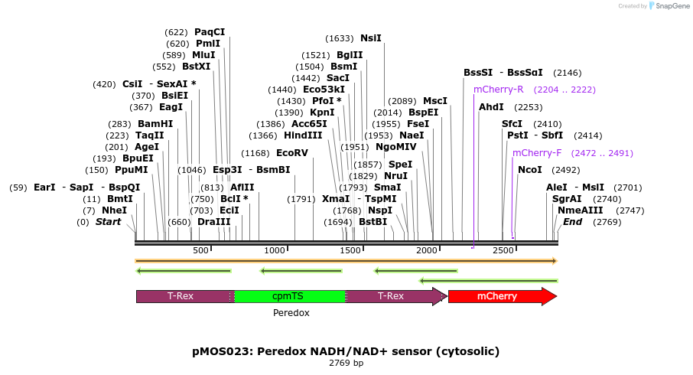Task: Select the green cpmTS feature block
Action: tap(290, 297)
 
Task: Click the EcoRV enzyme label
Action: tap(291, 153)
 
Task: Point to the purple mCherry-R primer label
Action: tap(498, 90)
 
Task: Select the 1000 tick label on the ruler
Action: tap(275, 250)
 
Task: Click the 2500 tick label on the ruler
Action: tap(503, 250)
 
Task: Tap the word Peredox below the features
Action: tap(291, 313)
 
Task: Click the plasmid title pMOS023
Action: tap(346, 351)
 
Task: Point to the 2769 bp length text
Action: tap(346, 363)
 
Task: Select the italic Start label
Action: tap(108, 222)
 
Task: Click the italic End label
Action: tap(573, 222)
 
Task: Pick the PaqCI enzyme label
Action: tap(210, 32)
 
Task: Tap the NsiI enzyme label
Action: tap(370, 38)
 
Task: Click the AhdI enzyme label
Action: tap(491, 107)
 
